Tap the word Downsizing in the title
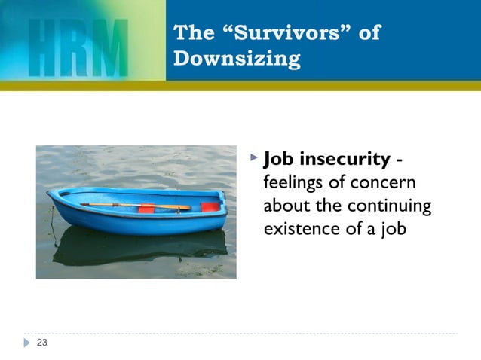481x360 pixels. [x=237, y=58]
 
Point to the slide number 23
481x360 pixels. [x=41, y=343]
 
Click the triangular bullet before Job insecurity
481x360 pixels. [x=253, y=159]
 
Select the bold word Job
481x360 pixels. [x=278, y=160]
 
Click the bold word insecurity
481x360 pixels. [x=345, y=160]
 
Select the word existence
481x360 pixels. [x=296, y=227]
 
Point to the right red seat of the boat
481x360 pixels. [x=210, y=206]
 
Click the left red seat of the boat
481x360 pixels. [x=146, y=208]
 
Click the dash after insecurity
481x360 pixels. [x=399, y=160]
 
